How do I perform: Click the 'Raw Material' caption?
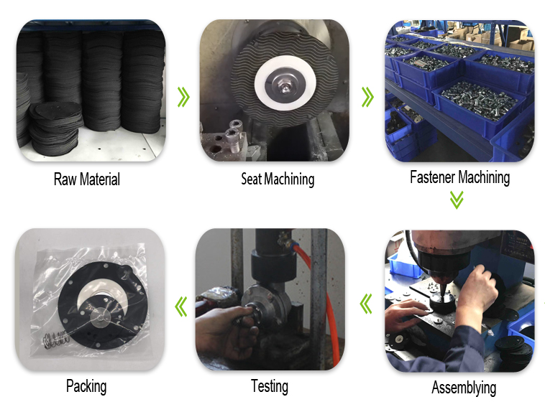tap(87, 179)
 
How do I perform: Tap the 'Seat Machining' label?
tap(278, 179)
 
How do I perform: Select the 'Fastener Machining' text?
tap(460, 177)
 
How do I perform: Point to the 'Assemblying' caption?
tap(464, 388)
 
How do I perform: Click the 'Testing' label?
tap(270, 386)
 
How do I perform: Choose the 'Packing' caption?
tap(86, 386)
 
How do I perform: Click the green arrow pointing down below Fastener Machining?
tap(457, 200)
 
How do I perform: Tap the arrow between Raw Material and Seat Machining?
tap(183, 97)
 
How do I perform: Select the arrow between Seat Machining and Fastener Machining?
tap(367, 97)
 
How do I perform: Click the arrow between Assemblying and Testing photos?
tap(366, 304)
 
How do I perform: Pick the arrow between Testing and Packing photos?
tap(180, 307)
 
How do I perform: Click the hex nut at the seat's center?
tap(285, 87)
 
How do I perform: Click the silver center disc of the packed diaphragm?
tap(101, 317)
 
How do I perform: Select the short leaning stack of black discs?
tap(55, 128)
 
